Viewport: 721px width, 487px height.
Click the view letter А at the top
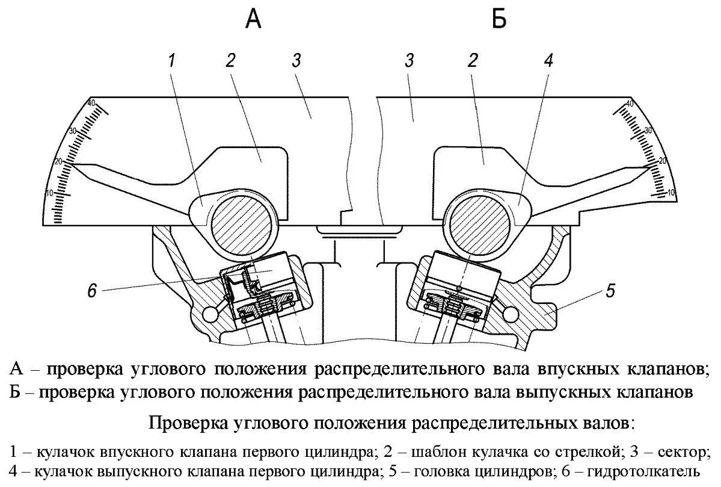pos(254,19)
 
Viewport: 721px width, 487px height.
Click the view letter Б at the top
pos(499,19)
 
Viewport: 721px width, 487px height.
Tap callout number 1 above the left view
pos(172,61)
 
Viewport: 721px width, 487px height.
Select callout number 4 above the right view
pos(548,61)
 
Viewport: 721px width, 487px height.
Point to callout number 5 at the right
pos(610,293)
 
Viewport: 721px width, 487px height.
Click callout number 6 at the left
pos(92,291)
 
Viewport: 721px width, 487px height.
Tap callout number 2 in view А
pos(230,61)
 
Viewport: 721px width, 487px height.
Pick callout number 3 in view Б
pos(410,61)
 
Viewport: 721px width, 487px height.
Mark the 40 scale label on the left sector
pos(91,103)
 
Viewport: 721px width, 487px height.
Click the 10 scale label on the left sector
pos(68,192)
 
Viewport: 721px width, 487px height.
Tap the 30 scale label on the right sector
pos(649,131)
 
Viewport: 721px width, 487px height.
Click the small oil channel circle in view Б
pos(512,314)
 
